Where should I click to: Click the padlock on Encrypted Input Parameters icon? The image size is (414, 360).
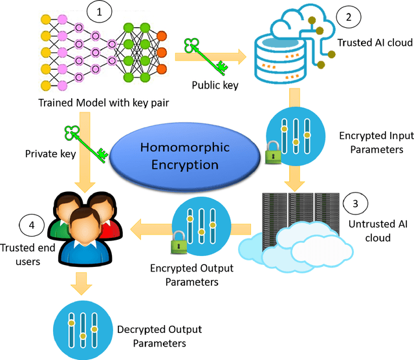click(273, 155)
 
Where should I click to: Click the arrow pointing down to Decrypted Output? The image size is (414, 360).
click(82, 282)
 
